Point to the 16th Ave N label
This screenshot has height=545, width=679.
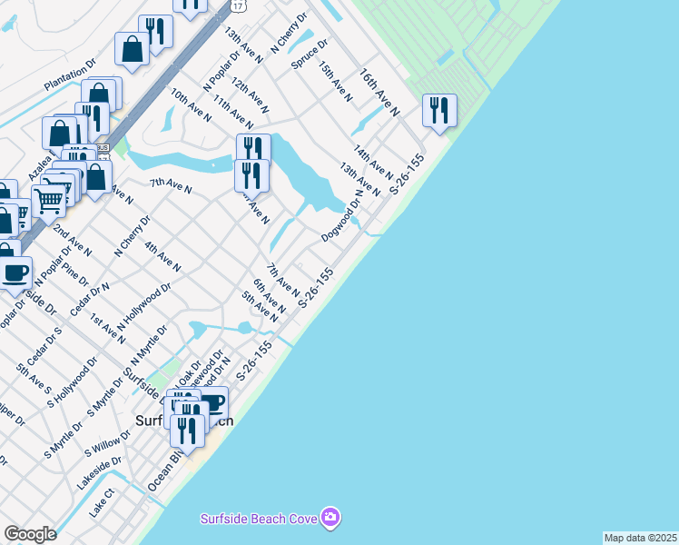click(379, 92)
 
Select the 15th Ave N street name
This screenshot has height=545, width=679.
click(335, 81)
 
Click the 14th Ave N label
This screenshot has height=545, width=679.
click(373, 161)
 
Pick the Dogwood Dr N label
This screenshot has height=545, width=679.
click(342, 216)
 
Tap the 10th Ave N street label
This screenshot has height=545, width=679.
click(191, 104)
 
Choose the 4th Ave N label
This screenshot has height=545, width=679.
click(162, 257)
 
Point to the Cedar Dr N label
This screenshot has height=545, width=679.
click(90, 300)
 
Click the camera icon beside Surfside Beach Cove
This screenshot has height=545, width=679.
click(331, 517)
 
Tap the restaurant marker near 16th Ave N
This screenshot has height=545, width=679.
click(439, 111)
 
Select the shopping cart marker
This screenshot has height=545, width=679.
click(48, 200)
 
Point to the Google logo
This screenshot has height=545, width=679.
click(30, 534)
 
